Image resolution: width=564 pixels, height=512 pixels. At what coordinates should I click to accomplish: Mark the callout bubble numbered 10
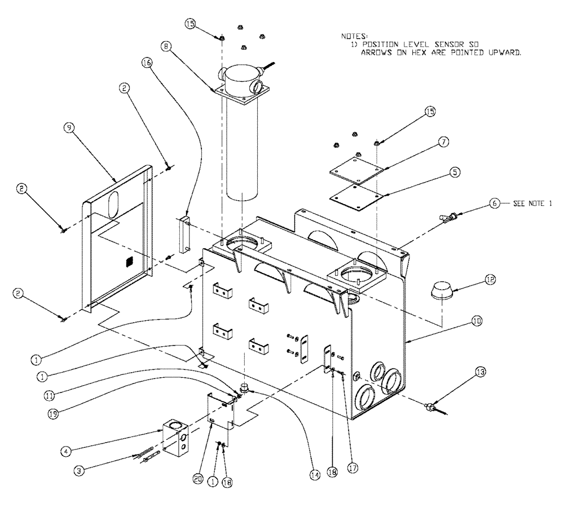pos(477,321)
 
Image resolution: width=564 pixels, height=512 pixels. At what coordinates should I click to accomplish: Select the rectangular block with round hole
pos(175,436)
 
